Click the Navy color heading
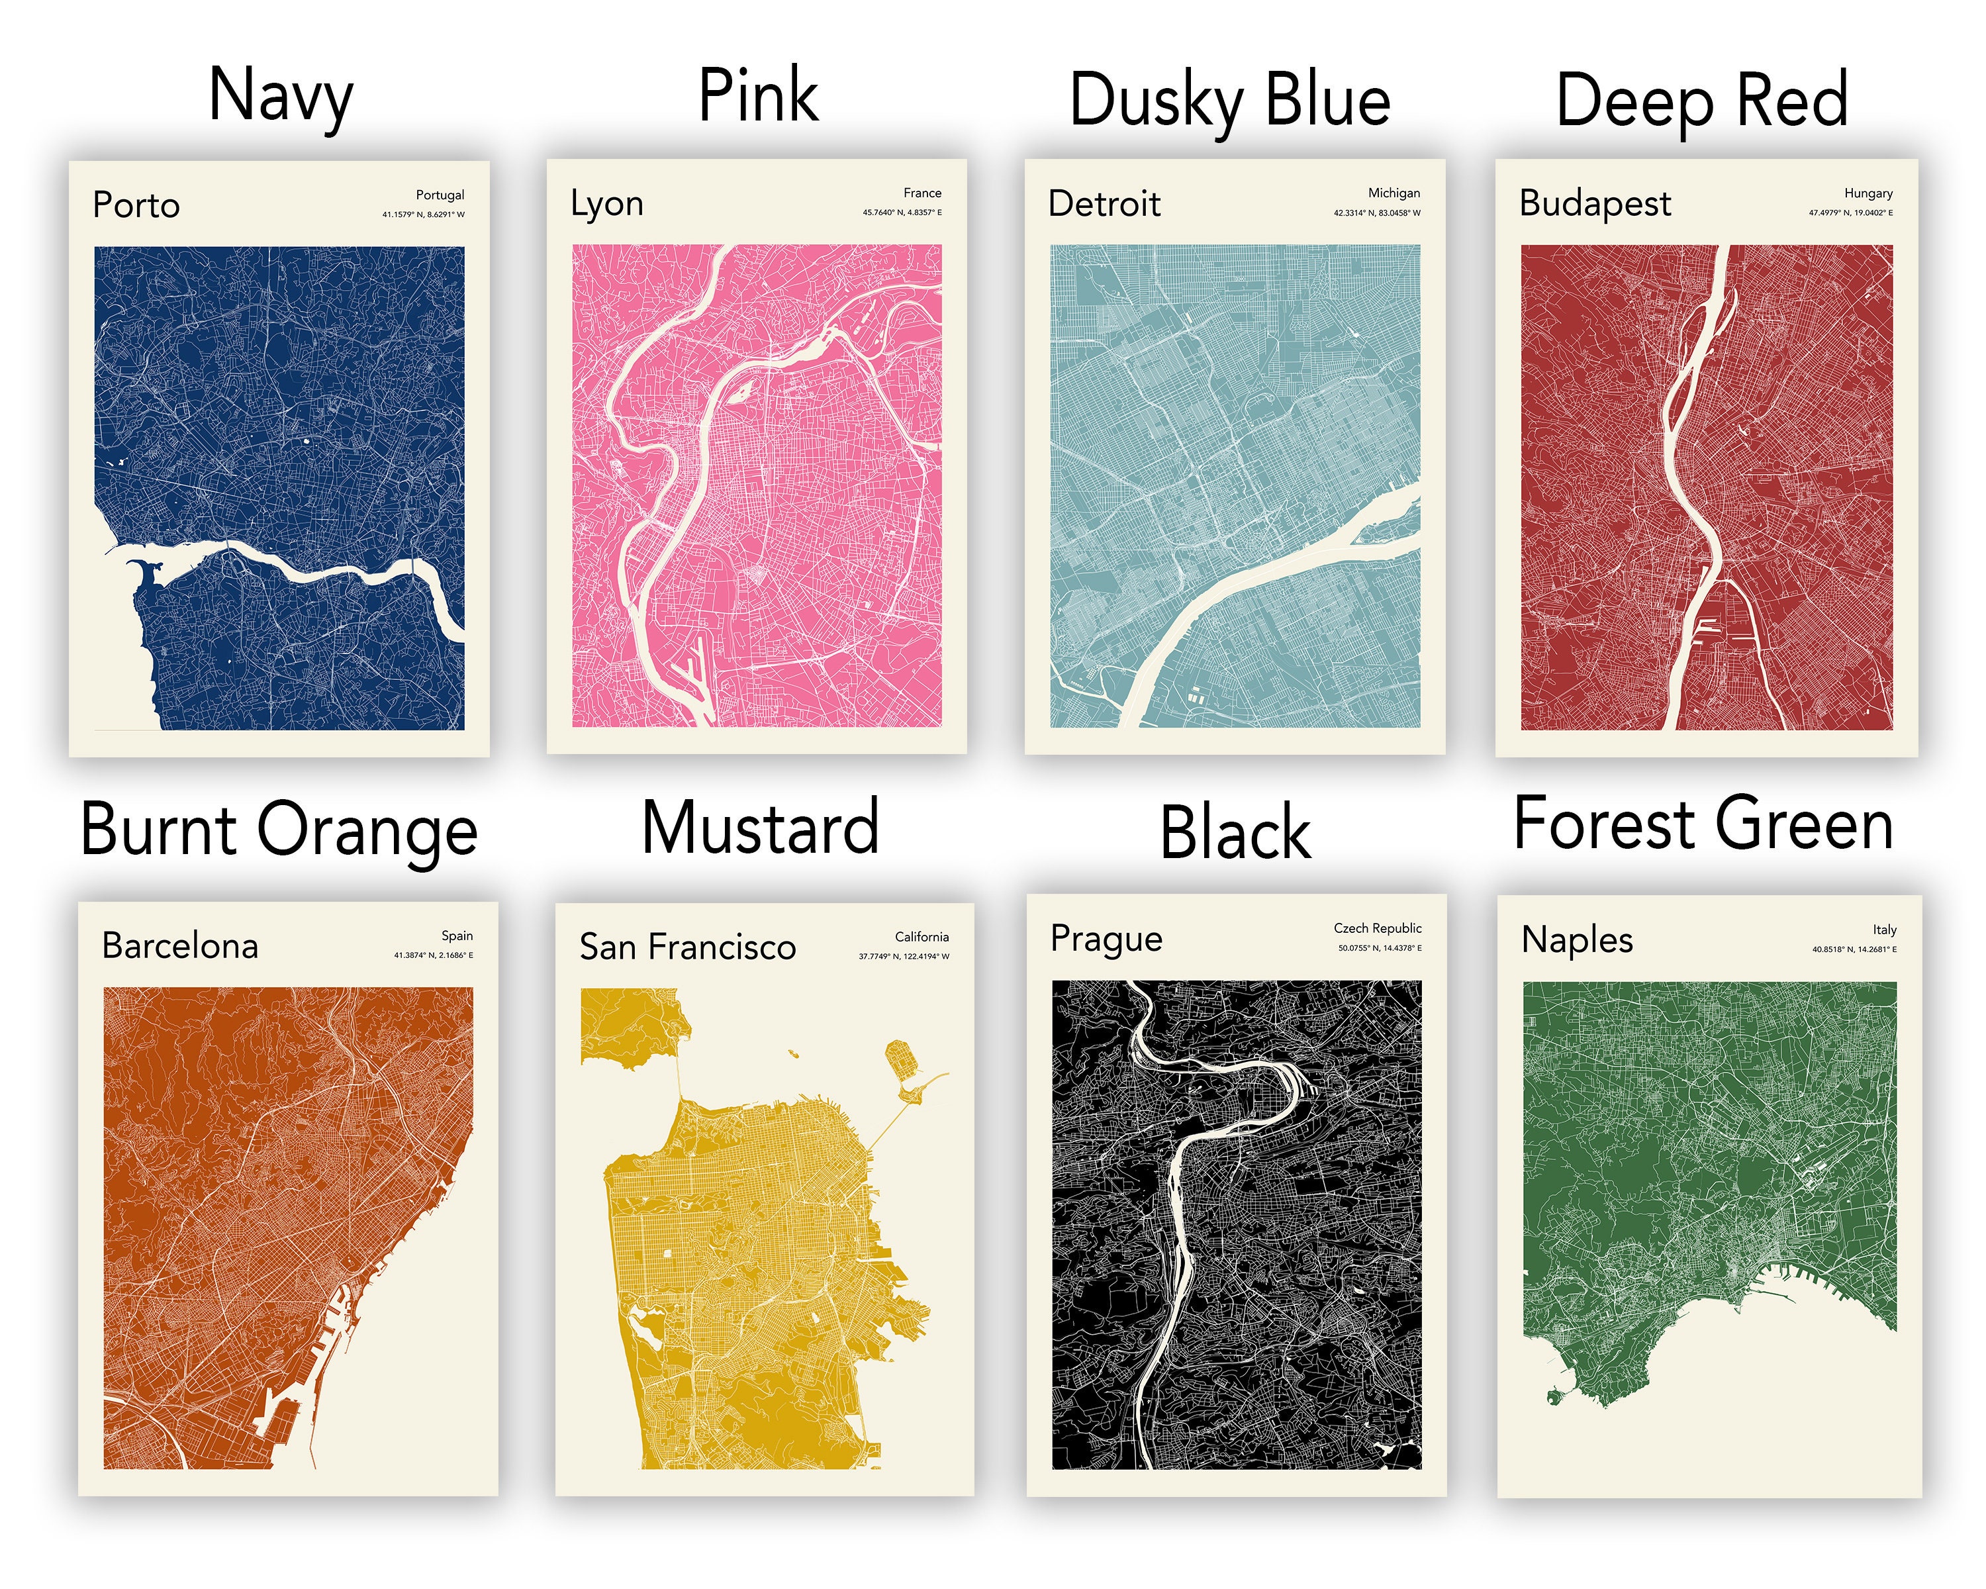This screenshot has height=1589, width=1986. coord(281,96)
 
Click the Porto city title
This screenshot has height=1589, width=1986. coord(136,205)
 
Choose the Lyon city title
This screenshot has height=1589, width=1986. coord(607,203)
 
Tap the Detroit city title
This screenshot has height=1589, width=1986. coord(1104,203)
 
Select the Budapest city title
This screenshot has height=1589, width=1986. coord(1595,203)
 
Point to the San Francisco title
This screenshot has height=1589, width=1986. coord(688,947)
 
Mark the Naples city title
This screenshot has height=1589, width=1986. coord(1577,939)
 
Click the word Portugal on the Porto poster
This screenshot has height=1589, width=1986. coord(440,195)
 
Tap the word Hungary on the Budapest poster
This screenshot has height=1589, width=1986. coord(1868,193)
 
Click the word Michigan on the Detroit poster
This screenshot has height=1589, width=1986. coord(1394,193)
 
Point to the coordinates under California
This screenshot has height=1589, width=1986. coord(904,956)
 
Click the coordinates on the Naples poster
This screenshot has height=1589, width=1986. coord(1854,949)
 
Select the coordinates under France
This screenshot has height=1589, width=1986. coord(902,213)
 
